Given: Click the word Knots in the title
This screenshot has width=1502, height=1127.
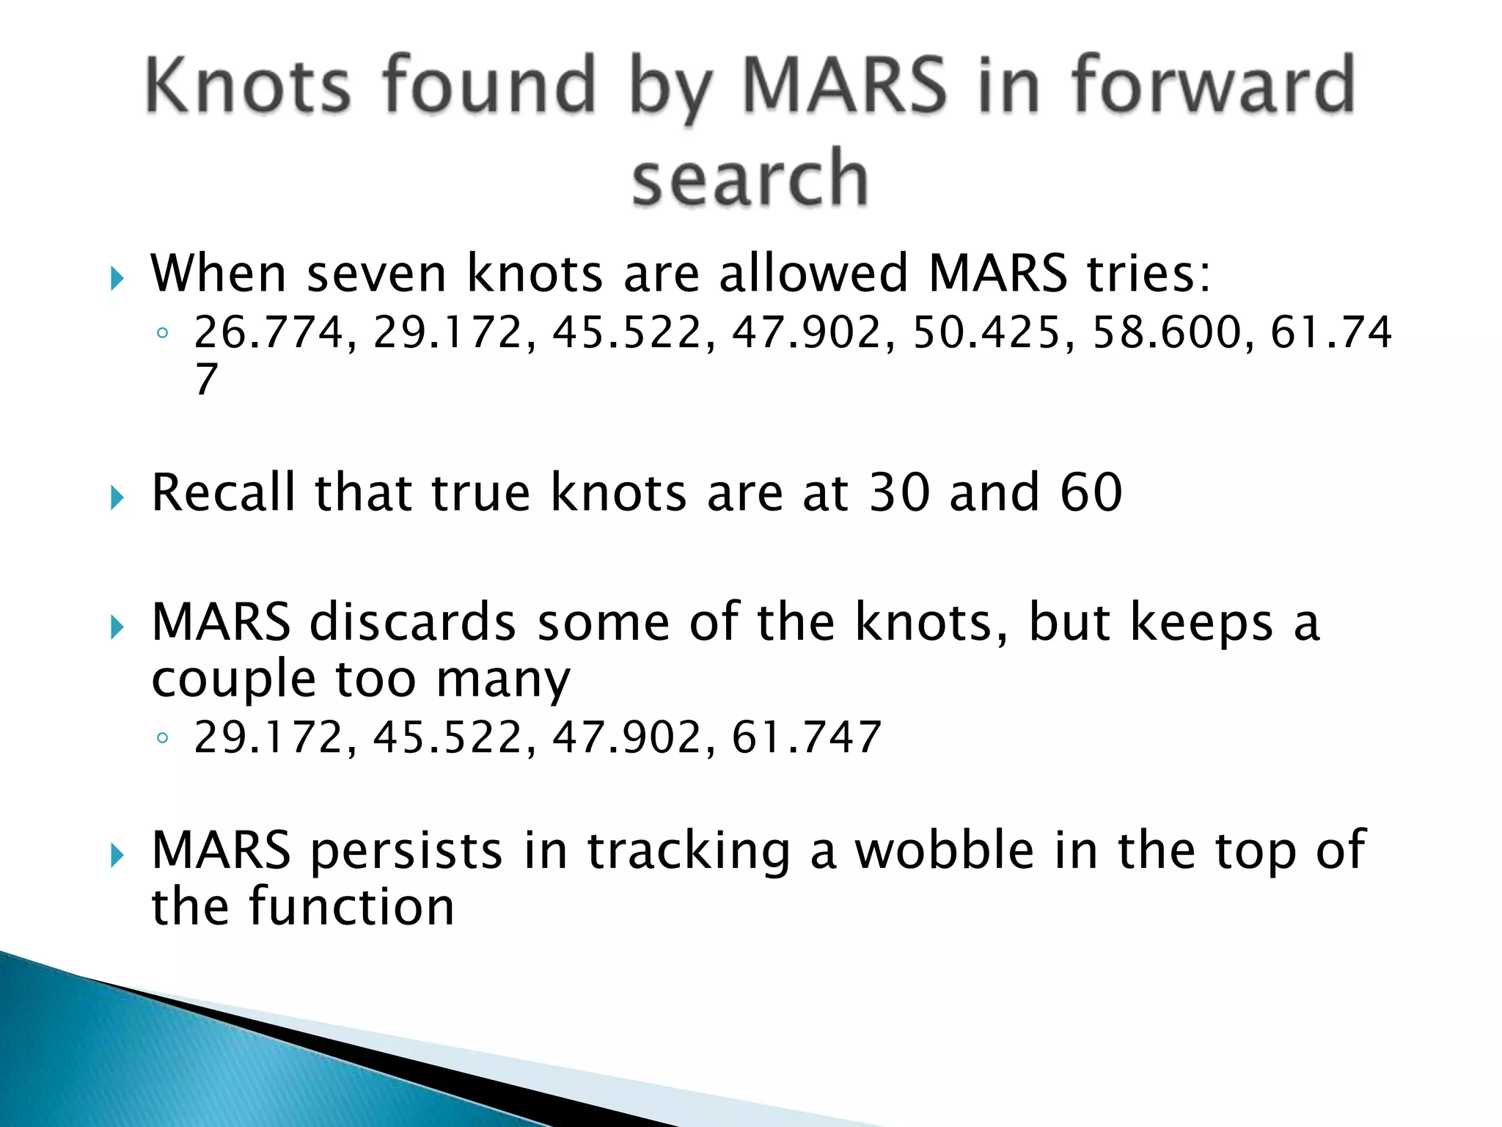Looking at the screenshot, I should (x=248, y=86).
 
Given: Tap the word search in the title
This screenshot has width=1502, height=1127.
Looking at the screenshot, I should (x=750, y=178).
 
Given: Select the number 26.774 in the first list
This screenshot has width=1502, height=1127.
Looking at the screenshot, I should (x=268, y=332).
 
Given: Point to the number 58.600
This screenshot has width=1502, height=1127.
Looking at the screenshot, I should (x=1166, y=332).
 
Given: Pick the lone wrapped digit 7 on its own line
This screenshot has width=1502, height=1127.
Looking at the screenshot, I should (x=207, y=379).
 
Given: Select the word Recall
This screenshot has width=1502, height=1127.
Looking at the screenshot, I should (x=223, y=492).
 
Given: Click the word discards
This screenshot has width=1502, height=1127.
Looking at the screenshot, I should (x=413, y=623).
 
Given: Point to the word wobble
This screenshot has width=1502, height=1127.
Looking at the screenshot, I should (x=945, y=851).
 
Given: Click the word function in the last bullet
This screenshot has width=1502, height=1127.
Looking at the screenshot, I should (x=351, y=908).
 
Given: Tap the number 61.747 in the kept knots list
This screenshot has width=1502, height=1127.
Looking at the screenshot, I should (x=806, y=738).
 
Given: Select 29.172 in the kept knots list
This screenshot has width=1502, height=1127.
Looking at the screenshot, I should (x=268, y=738).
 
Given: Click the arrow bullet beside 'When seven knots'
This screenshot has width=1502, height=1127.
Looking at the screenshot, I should (x=117, y=278).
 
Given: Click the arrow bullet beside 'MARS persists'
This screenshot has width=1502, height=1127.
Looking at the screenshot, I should (x=117, y=855).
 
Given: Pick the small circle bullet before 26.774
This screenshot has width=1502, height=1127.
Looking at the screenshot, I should (x=163, y=334).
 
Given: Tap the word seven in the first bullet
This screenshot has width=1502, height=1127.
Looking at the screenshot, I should (x=376, y=274).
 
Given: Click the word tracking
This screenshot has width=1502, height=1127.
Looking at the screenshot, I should (x=689, y=851).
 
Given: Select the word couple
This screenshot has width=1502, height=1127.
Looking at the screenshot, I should (x=233, y=679).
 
